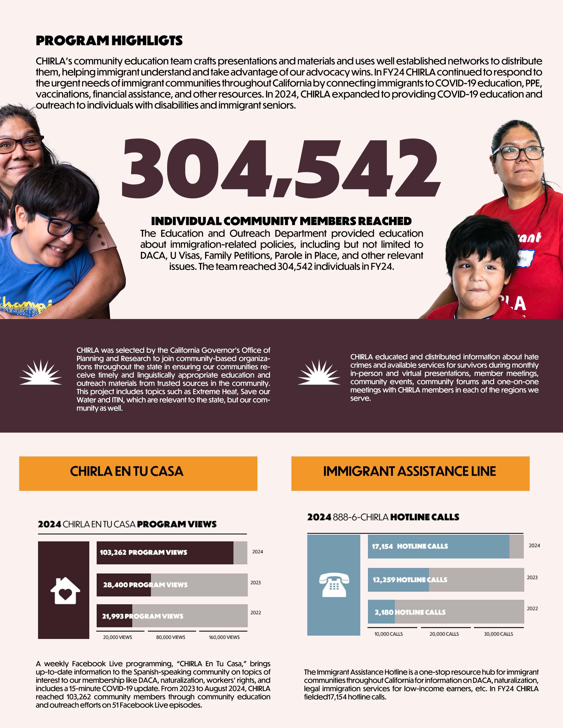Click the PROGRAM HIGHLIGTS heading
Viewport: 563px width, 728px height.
[x=109, y=41]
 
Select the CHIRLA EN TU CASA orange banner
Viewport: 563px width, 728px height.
[x=138, y=473]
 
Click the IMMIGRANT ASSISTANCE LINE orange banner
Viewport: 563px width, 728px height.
[x=410, y=473]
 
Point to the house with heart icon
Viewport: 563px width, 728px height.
[x=65, y=591]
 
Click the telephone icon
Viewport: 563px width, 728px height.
[x=334, y=585]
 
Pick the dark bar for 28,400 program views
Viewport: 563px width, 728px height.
[x=124, y=585]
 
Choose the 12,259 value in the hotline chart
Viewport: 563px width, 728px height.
[x=384, y=580]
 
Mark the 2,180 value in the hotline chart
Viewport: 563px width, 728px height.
[x=384, y=612]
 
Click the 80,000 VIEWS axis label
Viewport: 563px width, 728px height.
[x=170, y=637]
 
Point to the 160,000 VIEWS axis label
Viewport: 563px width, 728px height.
[x=224, y=637]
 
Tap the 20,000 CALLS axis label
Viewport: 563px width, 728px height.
[x=444, y=634]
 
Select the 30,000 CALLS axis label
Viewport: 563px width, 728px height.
[x=498, y=634]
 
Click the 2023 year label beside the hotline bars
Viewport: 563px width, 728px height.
[x=532, y=577]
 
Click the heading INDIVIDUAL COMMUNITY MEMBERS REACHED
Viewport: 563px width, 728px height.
[x=281, y=221]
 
